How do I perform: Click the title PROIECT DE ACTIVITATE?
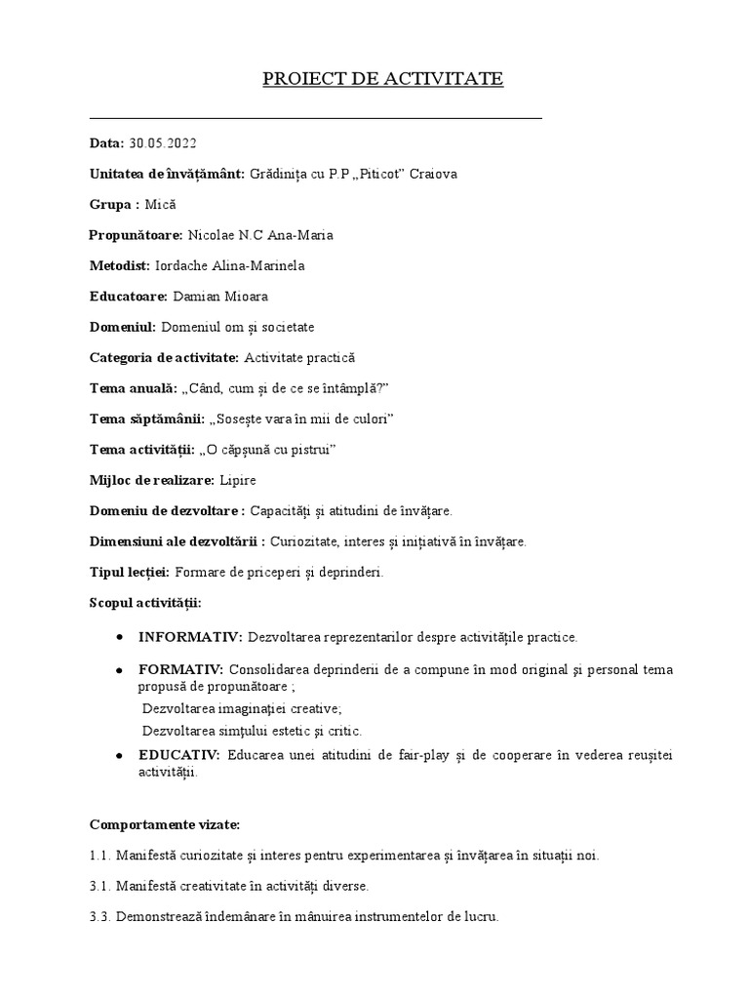click(382, 79)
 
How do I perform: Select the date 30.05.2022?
click(162, 143)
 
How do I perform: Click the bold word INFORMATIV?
click(189, 637)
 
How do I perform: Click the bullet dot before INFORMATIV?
click(118, 637)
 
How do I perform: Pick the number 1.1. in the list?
click(100, 856)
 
